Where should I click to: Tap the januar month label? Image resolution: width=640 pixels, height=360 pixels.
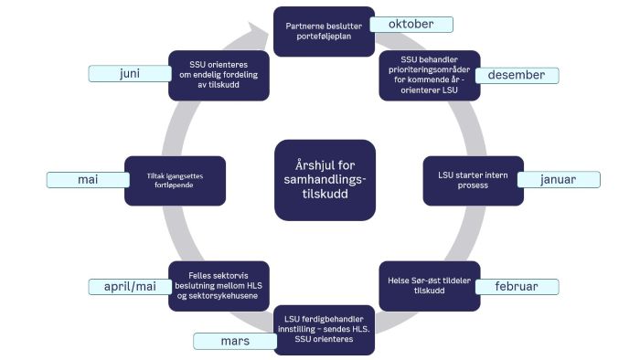pyautogui.click(x=557, y=179)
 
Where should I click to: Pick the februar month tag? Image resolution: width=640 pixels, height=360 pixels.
pyautogui.click(x=517, y=286)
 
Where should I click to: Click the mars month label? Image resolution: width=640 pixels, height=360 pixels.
pyautogui.click(x=234, y=341)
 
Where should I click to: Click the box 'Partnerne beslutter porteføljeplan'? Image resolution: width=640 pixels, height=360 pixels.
pyautogui.click(x=325, y=31)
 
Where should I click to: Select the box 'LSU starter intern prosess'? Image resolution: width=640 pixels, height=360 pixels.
pyautogui.click(x=474, y=180)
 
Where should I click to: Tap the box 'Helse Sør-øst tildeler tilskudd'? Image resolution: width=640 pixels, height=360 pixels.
pyautogui.click(x=428, y=286)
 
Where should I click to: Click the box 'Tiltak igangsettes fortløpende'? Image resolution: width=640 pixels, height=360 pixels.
pyautogui.click(x=175, y=180)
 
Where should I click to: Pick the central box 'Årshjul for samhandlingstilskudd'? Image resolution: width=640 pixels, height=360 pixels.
pyautogui.click(x=325, y=179)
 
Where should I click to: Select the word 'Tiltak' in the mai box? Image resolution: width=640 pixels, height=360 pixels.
pyautogui.click(x=158, y=175)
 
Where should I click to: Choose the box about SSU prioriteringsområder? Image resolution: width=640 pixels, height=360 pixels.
pyautogui.click(x=429, y=76)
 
